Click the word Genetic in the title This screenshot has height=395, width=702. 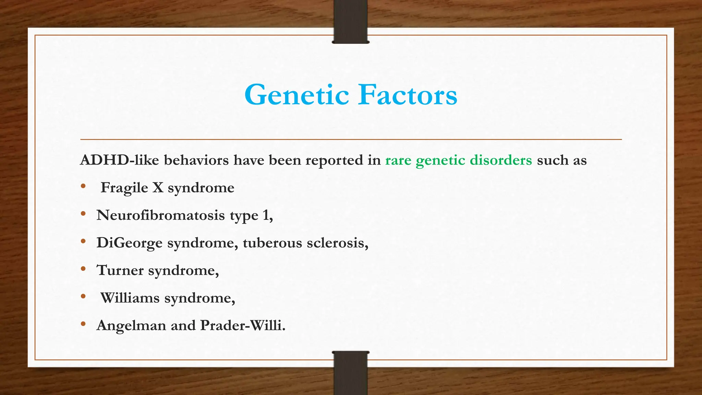point(297,95)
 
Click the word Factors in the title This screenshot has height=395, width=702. point(408,95)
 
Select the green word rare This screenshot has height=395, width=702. point(398,160)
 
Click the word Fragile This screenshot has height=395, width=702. point(124,188)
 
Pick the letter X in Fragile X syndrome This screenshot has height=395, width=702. point(158,188)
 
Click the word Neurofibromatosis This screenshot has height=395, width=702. point(160,215)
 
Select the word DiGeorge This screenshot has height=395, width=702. point(129,243)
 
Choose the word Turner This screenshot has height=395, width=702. point(120,270)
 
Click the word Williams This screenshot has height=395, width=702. point(130,298)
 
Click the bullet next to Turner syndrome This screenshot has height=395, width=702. point(83,269)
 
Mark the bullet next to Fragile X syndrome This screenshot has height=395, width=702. point(83,187)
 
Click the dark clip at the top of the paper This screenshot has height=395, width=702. point(350,22)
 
